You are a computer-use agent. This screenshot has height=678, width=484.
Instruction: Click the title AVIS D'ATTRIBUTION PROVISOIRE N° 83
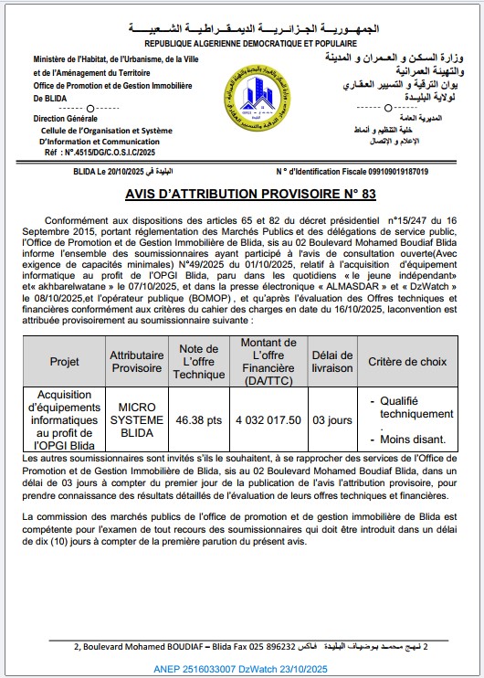tap(242, 195)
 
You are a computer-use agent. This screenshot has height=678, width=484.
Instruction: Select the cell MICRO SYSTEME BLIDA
tap(137, 418)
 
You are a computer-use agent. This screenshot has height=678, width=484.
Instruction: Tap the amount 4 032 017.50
tap(268, 419)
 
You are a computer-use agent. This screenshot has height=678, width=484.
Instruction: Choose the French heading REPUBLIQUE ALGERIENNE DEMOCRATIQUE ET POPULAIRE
tap(241, 43)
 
